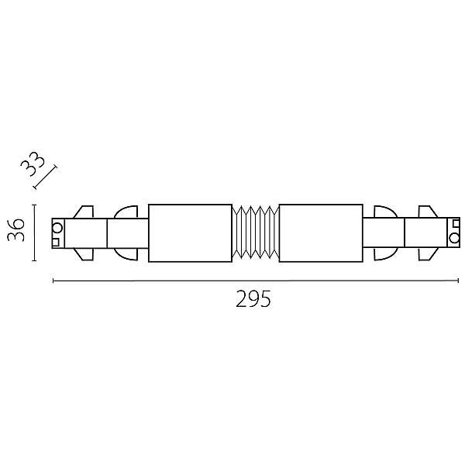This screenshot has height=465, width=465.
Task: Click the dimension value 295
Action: coord(253,299)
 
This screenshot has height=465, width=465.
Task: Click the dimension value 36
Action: coord(15,230)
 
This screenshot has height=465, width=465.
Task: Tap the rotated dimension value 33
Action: coord(33,164)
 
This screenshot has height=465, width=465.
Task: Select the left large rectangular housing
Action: coord(190,233)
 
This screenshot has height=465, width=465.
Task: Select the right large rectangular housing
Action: coord(321,233)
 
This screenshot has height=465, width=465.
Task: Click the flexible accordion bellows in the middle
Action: coord(256,232)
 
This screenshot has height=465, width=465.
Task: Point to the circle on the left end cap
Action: coord(57,229)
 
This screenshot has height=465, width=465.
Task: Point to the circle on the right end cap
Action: coord(453,238)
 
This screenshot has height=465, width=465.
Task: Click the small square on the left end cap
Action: coord(56,243)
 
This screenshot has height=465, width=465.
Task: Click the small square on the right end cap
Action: coord(456,224)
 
